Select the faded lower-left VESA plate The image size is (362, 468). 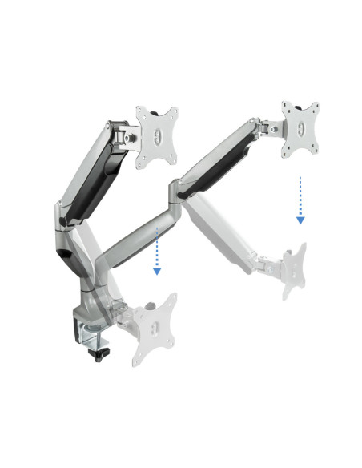(x=154, y=327)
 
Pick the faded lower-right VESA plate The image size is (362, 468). (x=292, y=271)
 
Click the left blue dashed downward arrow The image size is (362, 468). (x=157, y=250)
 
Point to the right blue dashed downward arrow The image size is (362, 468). (x=300, y=199)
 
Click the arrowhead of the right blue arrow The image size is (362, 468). (x=300, y=218)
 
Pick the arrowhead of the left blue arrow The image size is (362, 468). (x=157, y=271)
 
